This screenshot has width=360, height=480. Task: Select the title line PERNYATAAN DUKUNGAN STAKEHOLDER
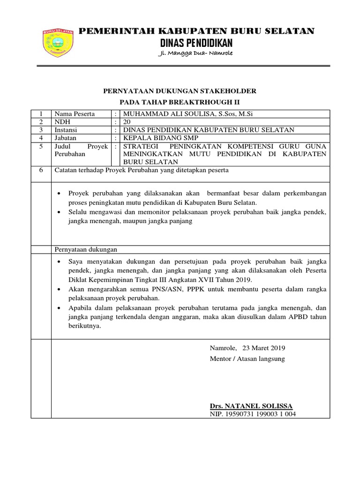(180, 91)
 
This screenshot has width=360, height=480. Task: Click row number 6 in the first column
(41, 170)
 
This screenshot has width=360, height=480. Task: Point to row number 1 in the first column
(41, 114)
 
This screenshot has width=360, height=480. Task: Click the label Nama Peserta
(75, 114)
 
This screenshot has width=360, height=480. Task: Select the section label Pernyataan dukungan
(86, 249)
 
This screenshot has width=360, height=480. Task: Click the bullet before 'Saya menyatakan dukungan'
(59, 262)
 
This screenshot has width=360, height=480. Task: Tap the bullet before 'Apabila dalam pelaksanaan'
(59, 307)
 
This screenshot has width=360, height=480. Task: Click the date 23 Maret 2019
(264, 348)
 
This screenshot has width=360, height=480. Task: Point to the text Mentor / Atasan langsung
(247, 359)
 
